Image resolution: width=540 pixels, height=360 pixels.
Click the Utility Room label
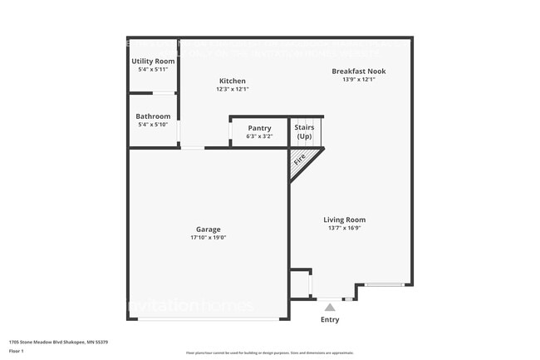[153, 62]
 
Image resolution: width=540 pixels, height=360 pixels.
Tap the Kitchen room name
[232, 81]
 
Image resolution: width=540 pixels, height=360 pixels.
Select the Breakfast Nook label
[358, 72]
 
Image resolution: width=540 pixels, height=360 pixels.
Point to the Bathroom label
[153, 116]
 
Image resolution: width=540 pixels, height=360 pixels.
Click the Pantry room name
[259, 128]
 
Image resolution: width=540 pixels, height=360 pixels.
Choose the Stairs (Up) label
[304, 131]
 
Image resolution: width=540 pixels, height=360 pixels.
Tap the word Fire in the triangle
[299, 157]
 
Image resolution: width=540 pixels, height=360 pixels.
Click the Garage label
[209, 229]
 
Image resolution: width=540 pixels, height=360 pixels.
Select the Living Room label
[344, 220]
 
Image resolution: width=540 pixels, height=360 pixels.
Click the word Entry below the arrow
[330, 319]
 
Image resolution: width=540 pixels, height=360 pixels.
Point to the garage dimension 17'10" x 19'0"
[209, 237]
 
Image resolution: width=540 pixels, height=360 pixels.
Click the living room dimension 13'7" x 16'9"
[344, 229]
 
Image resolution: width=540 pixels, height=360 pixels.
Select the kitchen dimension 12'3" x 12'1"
[232, 89]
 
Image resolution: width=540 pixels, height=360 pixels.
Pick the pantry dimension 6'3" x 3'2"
[259, 136]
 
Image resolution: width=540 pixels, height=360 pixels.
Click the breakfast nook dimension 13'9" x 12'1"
[358, 80]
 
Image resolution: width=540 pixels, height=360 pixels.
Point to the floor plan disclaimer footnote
[269, 353]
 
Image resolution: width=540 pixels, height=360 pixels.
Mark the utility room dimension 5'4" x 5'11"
[153, 70]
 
